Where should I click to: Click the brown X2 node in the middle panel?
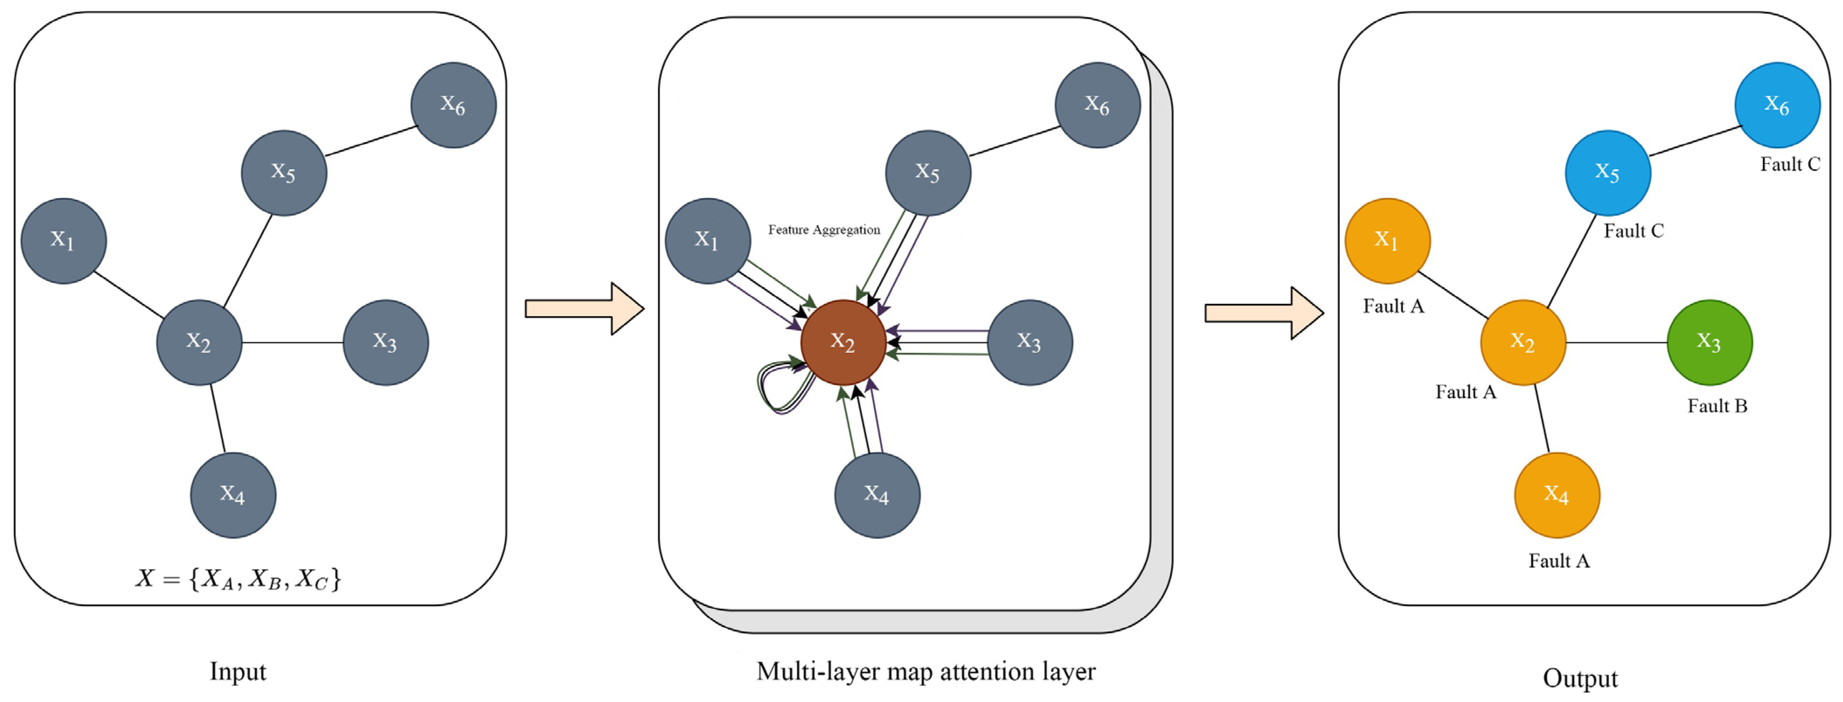(x=843, y=342)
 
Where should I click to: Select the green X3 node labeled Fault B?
(x=1709, y=342)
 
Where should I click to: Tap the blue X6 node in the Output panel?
(x=1777, y=105)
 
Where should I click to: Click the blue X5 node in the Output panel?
(x=1607, y=173)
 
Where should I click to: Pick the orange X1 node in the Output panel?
(x=1387, y=240)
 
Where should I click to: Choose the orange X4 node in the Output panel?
(x=1557, y=494)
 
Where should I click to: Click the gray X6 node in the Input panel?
(x=454, y=105)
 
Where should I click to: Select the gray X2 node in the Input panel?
(x=199, y=342)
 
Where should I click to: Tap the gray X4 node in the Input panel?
(x=233, y=494)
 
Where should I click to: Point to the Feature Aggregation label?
(x=823, y=230)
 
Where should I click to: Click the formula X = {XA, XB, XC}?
(x=238, y=578)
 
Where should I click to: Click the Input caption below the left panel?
(x=237, y=671)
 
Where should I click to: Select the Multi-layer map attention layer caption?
(x=926, y=671)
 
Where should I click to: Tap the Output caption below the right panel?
(x=1580, y=678)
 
